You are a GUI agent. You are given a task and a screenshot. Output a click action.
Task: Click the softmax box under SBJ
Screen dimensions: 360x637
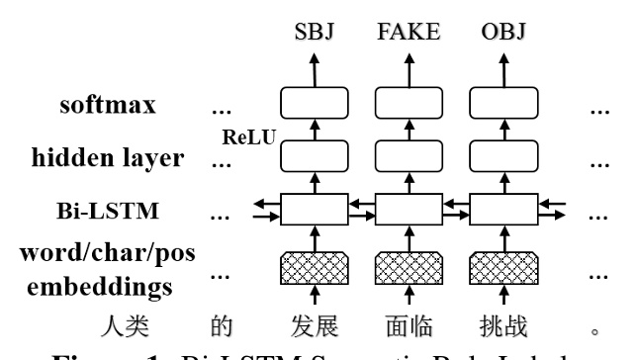(314, 104)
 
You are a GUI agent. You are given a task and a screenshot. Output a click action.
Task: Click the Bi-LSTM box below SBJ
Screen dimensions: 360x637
(314, 210)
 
